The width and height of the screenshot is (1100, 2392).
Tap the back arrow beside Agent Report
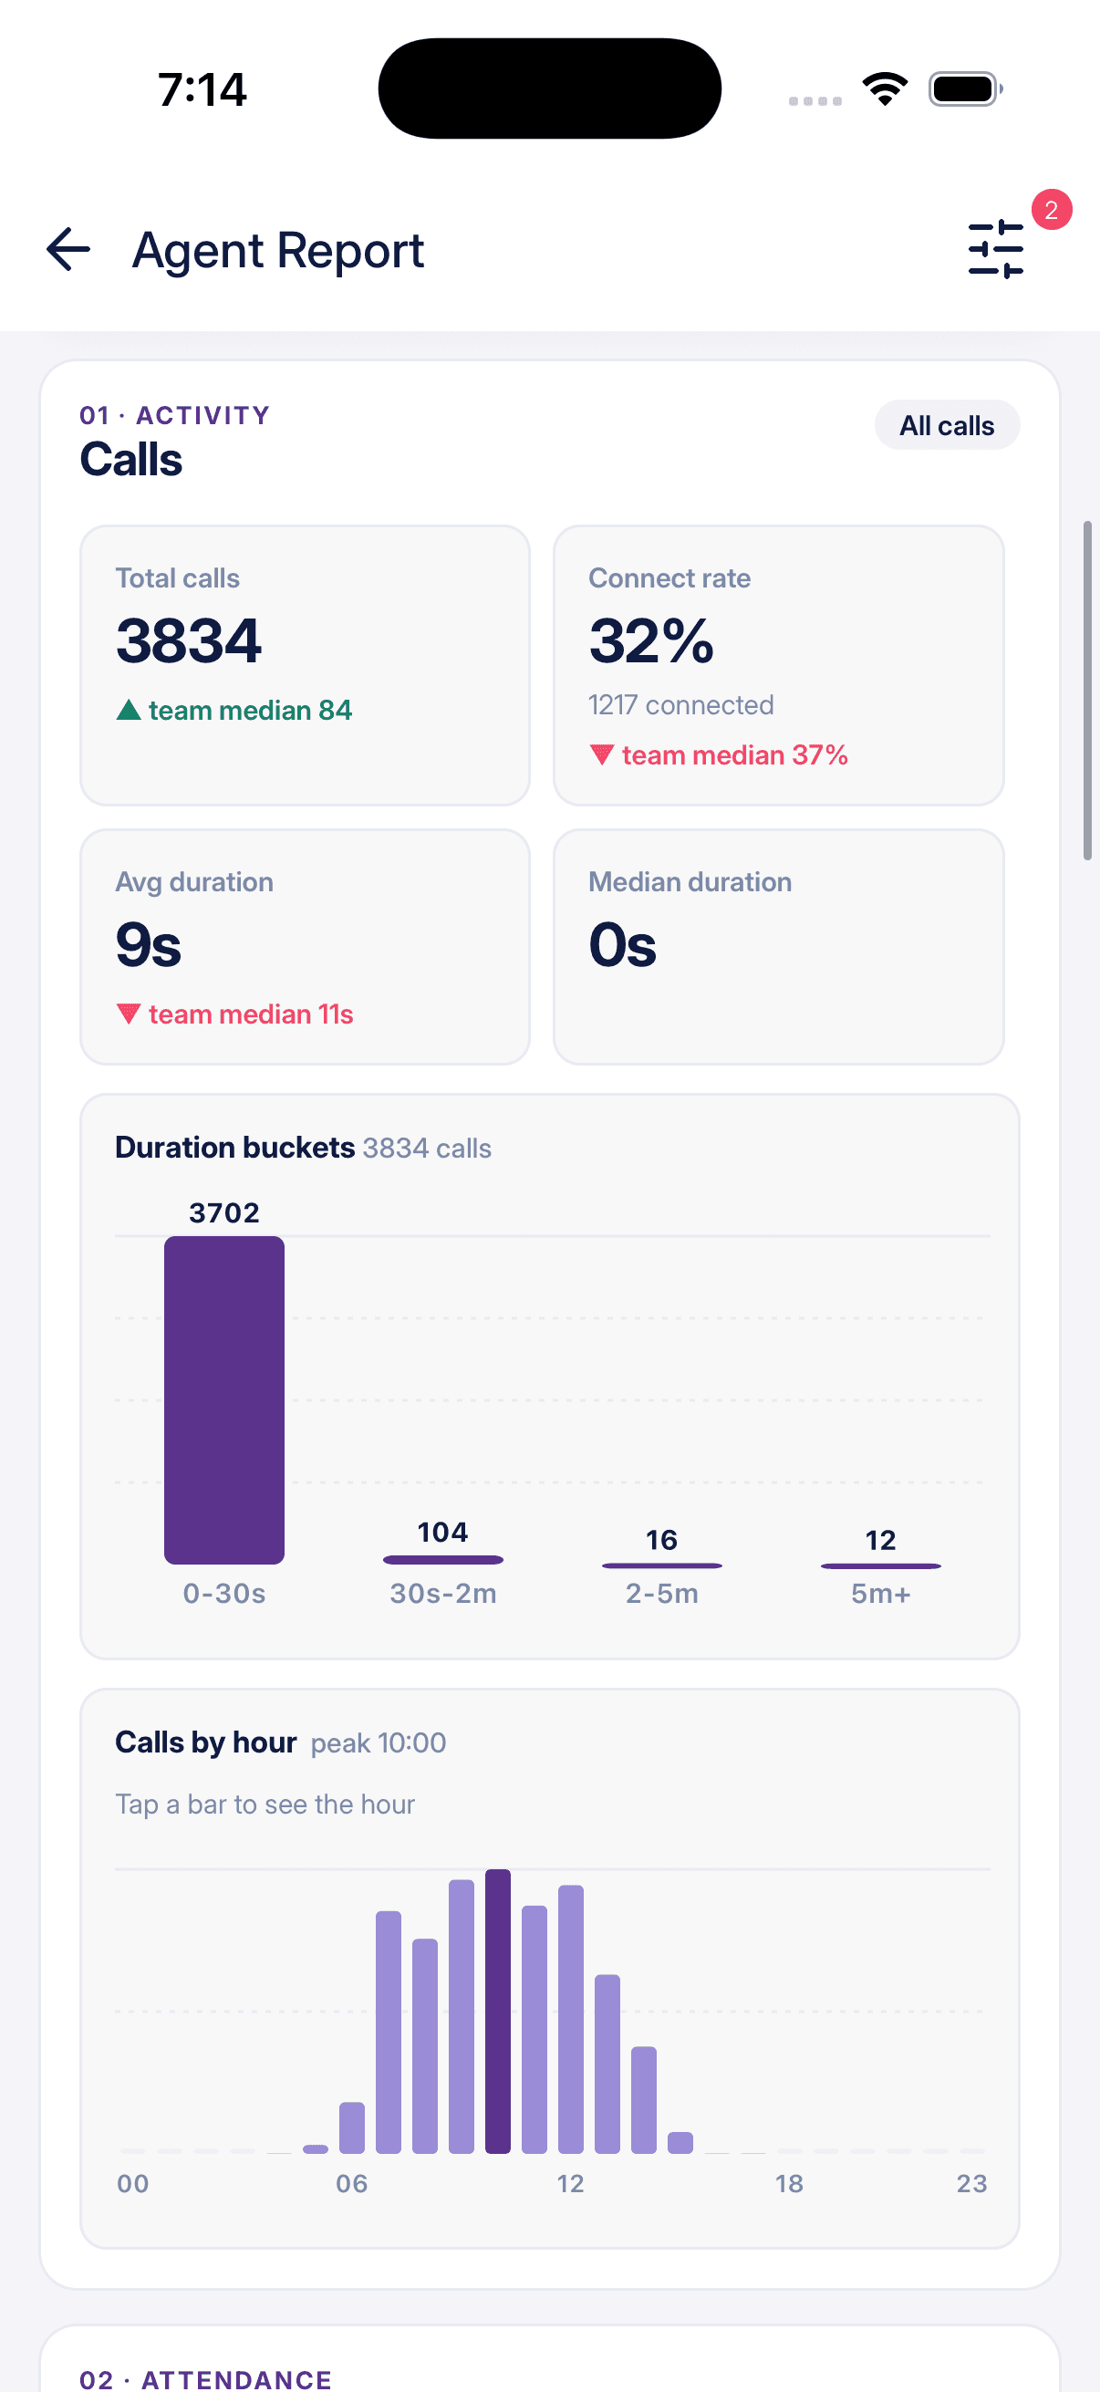[67, 250]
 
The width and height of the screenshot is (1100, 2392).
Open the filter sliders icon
[995, 249]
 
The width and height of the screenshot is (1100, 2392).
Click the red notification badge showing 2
[1051, 210]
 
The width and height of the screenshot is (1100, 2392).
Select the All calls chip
[947, 425]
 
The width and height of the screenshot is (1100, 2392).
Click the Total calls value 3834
[189, 640]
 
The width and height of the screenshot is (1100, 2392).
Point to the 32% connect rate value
[651, 640]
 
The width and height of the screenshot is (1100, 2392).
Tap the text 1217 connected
[680, 706]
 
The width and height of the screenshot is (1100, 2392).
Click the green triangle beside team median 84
[128, 711]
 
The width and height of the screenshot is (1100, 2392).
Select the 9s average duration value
[149, 945]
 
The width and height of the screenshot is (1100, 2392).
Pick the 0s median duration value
[623, 945]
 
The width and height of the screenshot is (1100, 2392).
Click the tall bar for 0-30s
[224, 1400]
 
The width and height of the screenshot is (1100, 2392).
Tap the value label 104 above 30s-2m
[442, 1532]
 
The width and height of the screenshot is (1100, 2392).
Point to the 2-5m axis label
[662, 1594]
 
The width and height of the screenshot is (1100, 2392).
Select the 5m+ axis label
[881, 1594]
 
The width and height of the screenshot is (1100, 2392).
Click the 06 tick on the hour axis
[352, 2183]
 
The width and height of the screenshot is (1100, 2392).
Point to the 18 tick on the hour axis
[790, 2183]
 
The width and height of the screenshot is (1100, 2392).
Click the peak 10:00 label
[379, 1743]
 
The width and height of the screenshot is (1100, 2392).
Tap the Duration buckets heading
[234, 1148]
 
